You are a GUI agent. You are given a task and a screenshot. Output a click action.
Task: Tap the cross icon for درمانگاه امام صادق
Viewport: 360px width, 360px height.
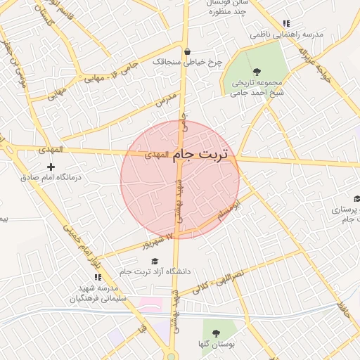[50, 167]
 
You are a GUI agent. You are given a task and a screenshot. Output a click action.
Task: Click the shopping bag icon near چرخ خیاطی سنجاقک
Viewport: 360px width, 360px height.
[187, 51]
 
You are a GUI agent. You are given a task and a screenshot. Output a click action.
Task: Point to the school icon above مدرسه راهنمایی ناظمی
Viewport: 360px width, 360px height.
[285, 23]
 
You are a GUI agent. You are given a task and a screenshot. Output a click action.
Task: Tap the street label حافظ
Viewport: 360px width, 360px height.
[343, 307]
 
